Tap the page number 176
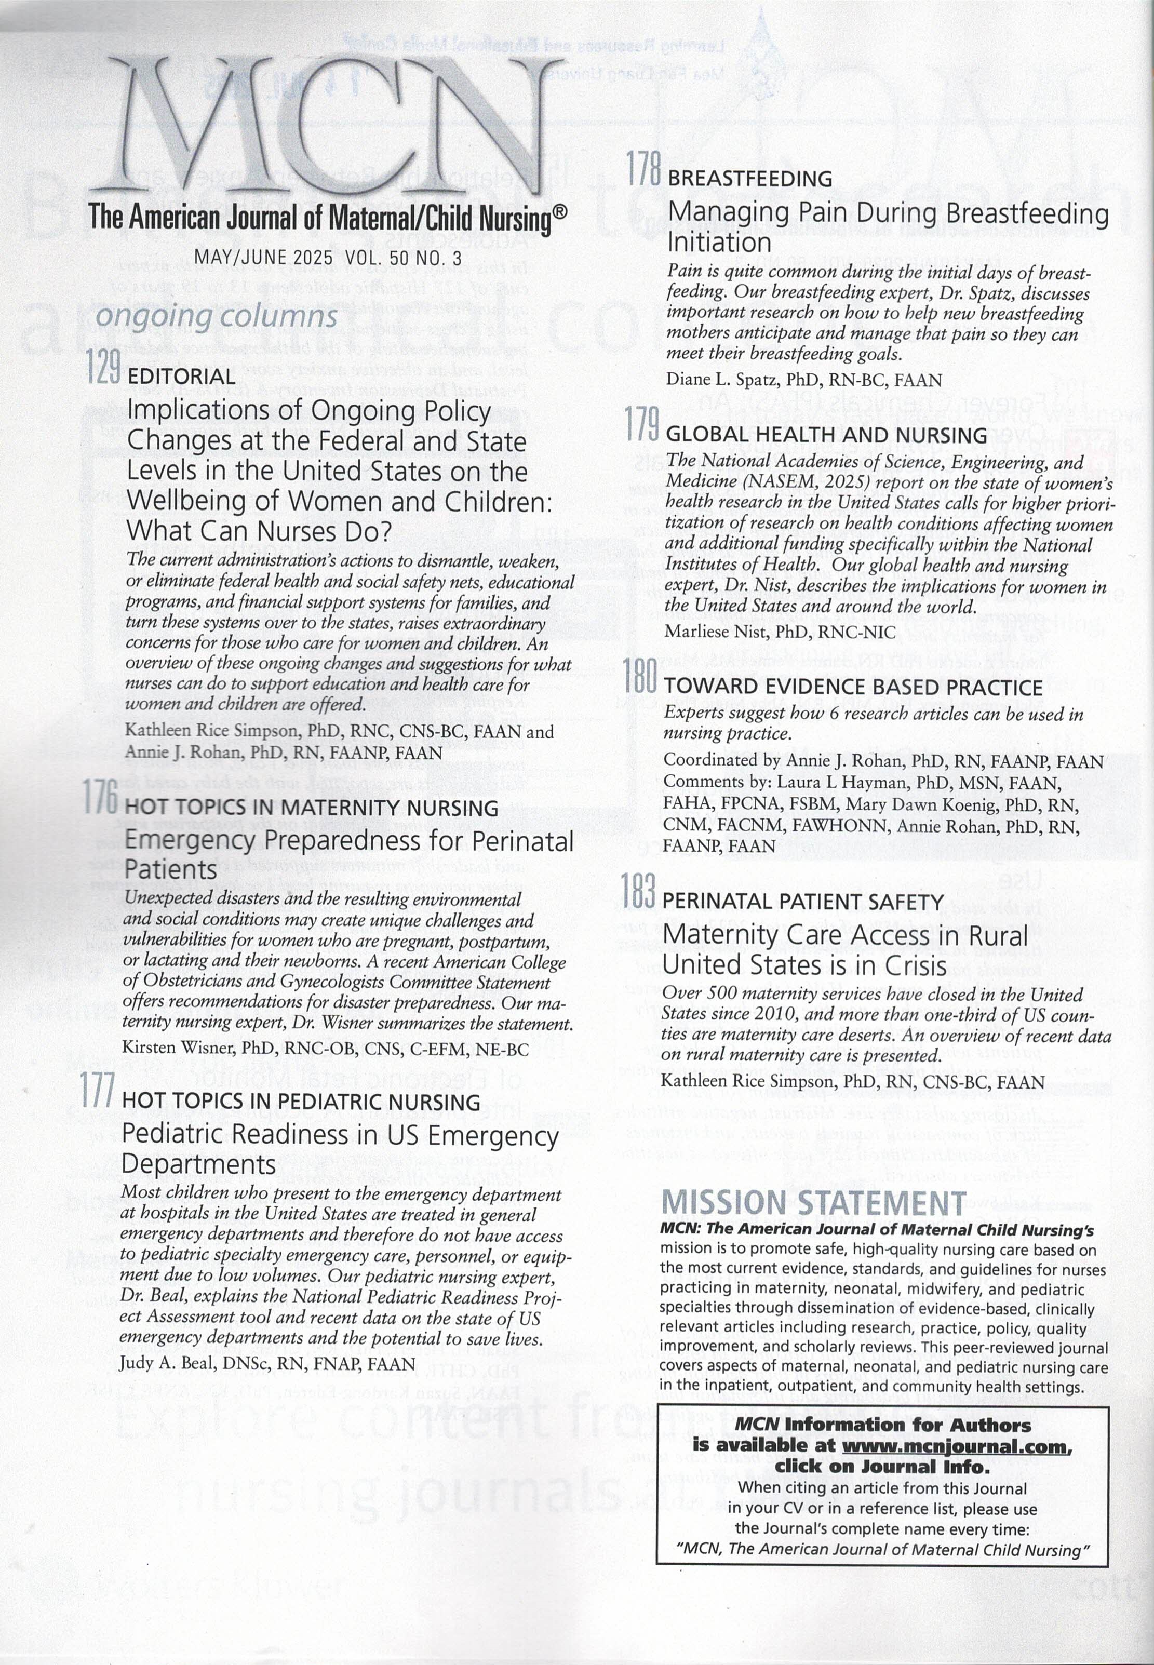pos(100,797)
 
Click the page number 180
pos(641,677)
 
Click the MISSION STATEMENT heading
pos(814,1202)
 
